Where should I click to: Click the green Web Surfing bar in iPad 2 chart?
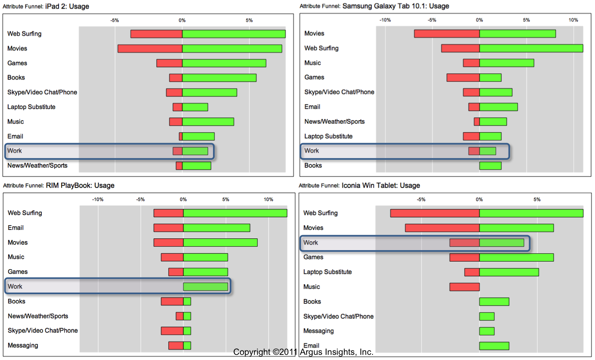click(x=234, y=34)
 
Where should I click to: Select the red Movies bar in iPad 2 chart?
click(x=150, y=49)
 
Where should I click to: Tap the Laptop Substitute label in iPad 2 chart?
click(x=31, y=107)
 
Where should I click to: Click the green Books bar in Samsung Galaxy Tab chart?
click(x=490, y=166)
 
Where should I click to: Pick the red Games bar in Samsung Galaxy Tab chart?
click(x=463, y=78)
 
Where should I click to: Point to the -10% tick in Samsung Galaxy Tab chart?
click(x=385, y=20)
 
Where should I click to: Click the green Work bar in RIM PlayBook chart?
click(x=205, y=287)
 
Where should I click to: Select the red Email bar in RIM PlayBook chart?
click(x=169, y=228)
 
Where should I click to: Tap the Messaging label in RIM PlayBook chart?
click(x=23, y=346)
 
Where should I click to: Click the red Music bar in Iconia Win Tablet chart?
click(x=464, y=287)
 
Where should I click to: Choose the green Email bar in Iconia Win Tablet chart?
click(x=494, y=346)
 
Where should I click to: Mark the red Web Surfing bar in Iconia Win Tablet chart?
click(x=435, y=213)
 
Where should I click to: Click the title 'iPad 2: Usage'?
click(x=67, y=6)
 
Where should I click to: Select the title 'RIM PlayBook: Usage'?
click(x=80, y=186)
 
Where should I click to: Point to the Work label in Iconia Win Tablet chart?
click(x=311, y=243)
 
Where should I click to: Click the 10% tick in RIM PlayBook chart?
click(x=268, y=199)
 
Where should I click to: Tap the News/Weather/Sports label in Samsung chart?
click(x=334, y=122)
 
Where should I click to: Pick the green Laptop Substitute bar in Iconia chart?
click(x=509, y=272)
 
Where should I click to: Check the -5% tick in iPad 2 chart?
click(x=115, y=20)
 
